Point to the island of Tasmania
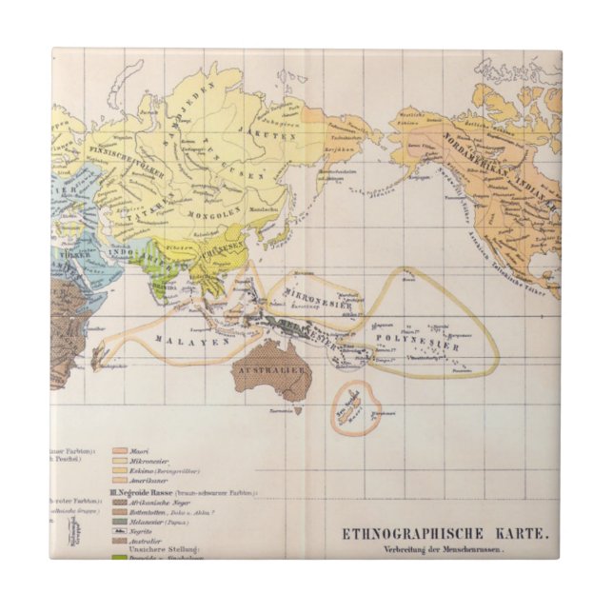click(297, 410)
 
